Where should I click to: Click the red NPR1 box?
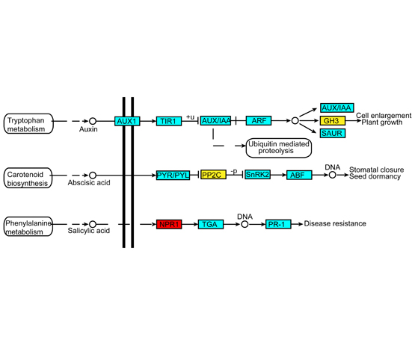point(169,224)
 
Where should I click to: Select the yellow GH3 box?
point(333,121)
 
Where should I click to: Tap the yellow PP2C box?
point(213,175)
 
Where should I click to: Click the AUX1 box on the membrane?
point(127,121)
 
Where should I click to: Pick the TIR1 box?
point(169,121)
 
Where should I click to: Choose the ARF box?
point(259,121)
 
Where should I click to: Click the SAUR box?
point(333,133)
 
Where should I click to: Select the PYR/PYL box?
point(173,176)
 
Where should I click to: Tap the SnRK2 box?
point(257,175)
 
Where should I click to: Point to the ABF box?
point(299,175)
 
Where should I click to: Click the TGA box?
point(211,224)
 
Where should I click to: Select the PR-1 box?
point(278,224)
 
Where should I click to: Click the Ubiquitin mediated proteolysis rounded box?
point(279,148)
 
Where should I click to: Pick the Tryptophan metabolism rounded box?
point(28,123)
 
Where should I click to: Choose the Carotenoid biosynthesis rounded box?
point(28,178)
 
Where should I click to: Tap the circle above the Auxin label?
point(93,121)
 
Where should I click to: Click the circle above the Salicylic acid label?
point(93,224)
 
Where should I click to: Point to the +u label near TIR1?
point(190,117)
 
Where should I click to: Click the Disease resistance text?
point(335,223)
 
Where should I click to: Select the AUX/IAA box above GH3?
point(336,108)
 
